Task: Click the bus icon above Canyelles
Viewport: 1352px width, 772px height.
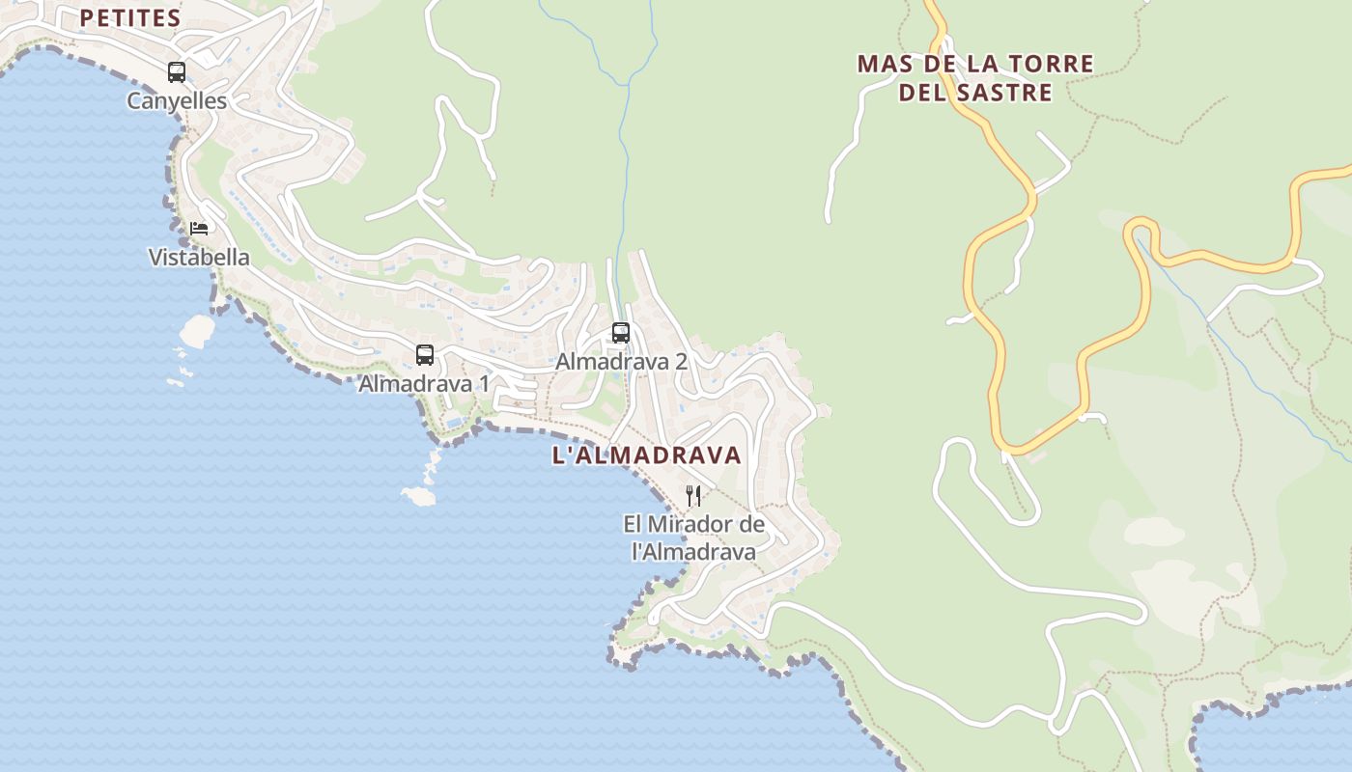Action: [176, 71]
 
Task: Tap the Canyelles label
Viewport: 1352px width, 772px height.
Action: [177, 101]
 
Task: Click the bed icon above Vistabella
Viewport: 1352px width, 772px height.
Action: [199, 229]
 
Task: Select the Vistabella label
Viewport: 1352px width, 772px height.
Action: [199, 258]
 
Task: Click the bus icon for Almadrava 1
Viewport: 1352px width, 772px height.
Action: [425, 355]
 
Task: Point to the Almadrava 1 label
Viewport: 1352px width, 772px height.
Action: [423, 384]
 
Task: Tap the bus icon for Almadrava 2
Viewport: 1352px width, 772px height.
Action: [621, 333]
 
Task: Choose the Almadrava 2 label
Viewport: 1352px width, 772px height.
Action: [621, 362]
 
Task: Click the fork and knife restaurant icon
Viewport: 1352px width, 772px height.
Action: [693, 496]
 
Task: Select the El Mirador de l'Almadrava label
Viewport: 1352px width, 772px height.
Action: [693, 538]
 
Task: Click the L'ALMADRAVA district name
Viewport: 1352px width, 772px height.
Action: [646, 455]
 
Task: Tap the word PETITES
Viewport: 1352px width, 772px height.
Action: [130, 18]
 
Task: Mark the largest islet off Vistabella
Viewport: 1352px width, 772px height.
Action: [197, 331]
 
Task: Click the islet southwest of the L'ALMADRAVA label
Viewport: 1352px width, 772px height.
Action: [419, 496]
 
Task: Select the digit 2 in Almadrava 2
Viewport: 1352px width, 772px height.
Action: [681, 362]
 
